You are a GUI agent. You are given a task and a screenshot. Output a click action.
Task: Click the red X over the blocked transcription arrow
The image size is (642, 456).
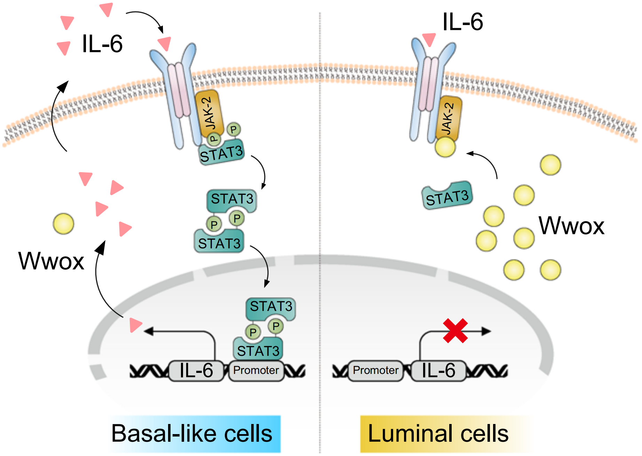point(455,331)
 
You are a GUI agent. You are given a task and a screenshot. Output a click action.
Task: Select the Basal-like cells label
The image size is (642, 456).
point(192,434)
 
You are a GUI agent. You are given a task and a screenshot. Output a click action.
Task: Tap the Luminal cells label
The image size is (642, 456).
point(438,434)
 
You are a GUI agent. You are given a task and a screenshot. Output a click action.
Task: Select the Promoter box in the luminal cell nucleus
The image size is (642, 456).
point(375,370)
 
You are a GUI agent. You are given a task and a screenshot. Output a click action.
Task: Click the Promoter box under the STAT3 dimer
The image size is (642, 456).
point(256,370)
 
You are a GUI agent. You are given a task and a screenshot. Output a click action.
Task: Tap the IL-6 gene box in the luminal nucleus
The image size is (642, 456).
point(438,370)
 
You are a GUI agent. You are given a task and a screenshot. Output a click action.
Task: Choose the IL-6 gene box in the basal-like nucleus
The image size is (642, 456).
point(196,370)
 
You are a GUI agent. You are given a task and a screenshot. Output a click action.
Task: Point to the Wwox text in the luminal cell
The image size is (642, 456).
point(571,226)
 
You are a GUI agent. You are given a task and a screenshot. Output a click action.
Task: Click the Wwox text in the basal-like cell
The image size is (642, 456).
point(51,261)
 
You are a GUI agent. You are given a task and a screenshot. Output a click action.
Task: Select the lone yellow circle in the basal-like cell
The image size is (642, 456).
point(63,224)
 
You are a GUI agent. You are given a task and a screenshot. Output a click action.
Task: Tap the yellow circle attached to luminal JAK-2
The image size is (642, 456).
point(445,147)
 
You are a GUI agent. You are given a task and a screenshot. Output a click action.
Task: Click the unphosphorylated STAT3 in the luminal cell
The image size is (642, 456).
point(447,196)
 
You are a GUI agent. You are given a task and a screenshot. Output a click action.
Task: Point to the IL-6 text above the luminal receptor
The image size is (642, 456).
point(462,22)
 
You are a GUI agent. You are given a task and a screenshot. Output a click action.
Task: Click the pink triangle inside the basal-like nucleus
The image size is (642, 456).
point(135,325)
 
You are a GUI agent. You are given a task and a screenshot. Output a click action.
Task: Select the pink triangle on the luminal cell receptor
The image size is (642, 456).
point(429,39)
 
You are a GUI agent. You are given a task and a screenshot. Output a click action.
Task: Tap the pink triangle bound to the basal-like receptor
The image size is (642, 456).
point(165,43)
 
